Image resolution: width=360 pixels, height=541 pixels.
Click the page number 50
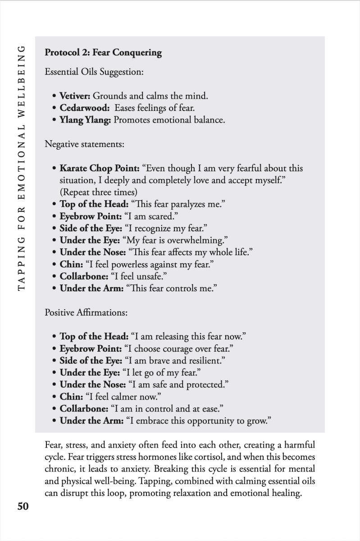(23, 506)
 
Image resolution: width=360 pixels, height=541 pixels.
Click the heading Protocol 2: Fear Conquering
(103, 52)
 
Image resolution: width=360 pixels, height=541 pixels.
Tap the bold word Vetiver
(75, 96)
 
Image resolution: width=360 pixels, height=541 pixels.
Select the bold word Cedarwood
(84, 108)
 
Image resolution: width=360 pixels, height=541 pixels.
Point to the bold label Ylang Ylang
(86, 120)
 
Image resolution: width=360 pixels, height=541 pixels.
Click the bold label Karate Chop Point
(100, 168)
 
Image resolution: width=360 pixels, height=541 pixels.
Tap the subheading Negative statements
(84, 144)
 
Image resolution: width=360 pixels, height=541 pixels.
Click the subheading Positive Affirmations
(86, 312)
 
